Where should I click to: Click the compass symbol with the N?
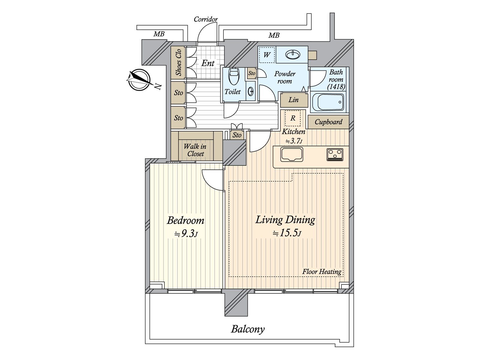(139, 80)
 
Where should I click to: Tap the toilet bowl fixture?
(233, 76)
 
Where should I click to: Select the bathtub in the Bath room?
(328, 102)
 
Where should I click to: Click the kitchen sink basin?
(292, 154)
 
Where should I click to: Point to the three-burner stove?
(335, 154)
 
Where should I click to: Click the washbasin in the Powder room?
(293, 55)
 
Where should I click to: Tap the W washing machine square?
(267, 55)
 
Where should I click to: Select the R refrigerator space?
(292, 118)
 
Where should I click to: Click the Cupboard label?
(328, 122)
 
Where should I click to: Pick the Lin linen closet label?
(293, 100)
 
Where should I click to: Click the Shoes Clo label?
(179, 62)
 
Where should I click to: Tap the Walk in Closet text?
(195, 150)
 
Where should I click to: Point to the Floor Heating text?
(322, 272)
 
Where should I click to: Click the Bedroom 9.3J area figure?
(186, 234)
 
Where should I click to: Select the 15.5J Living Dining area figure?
(287, 233)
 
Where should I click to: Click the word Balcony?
(248, 329)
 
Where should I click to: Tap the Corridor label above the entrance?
(206, 19)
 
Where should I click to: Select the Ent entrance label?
(208, 63)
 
